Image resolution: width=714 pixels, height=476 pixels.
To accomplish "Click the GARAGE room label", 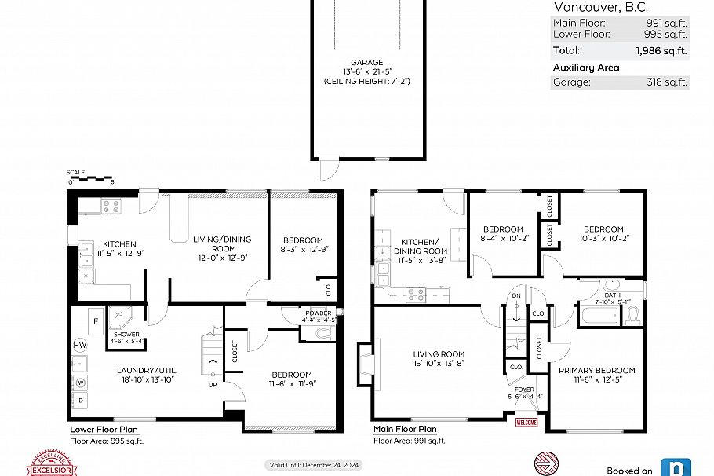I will pyautogui.click(x=366, y=62).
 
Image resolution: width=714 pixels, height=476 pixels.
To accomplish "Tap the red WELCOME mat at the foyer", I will pyautogui.click(x=525, y=423).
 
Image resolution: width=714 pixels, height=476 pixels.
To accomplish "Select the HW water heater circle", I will pyautogui.click(x=80, y=345).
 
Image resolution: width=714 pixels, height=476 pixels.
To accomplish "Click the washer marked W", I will pyautogui.click(x=80, y=383).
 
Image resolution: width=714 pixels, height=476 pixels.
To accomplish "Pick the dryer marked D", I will pyautogui.click(x=80, y=401).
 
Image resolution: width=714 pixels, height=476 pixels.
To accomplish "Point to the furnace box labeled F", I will pyautogui.click(x=95, y=321).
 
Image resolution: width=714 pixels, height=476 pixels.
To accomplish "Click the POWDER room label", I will pyautogui.click(x=319, y=312).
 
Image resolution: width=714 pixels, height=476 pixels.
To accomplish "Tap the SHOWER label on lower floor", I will pyautogui.click(x=126, y=334).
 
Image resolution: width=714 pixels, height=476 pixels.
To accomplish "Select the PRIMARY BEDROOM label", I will pyautogui.click(x=596, y=370).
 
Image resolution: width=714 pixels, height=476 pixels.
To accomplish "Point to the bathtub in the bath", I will pyautogui.click(x=600, y=316).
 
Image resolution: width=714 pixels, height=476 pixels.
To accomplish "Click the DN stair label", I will pyautogui.click(x=515, y=295).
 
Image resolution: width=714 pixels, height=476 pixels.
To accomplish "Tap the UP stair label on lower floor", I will pyautogui.click(x=212, y=384).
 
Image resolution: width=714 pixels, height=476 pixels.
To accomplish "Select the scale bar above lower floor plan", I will pyautogui.click(x=92, y=178).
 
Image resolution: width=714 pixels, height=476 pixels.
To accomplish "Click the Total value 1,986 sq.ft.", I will pyautogui.click(x=661, y=50).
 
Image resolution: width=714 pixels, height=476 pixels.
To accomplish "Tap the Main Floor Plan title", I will pyautogui.click(x=405, y=430).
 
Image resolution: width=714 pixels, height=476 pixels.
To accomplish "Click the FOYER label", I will pyautogui.click(x=524, y=389).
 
